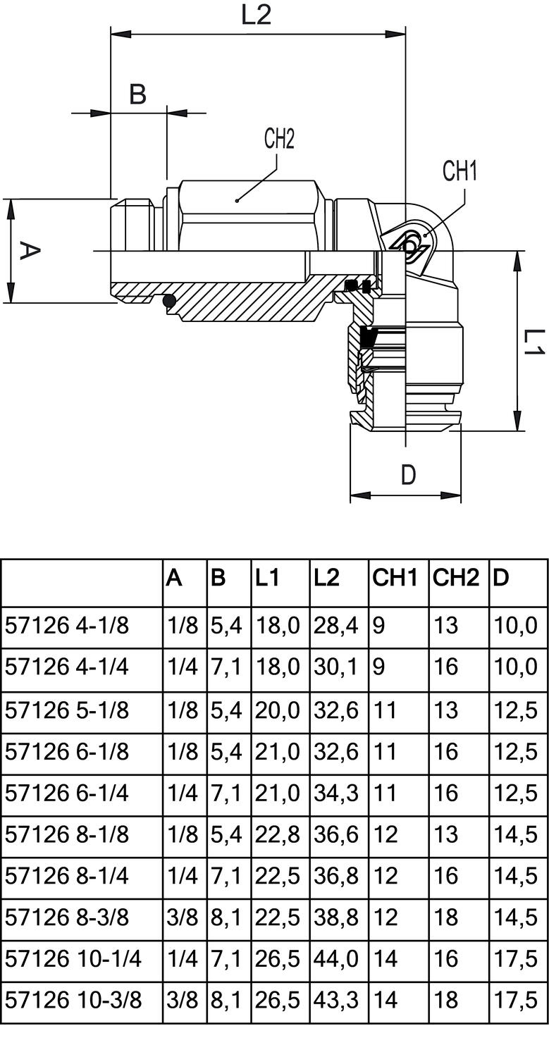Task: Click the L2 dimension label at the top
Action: [257, 15]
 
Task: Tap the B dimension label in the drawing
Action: [137, 94]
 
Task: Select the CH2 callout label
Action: [279, 139]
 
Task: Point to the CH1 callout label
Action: [459, 171]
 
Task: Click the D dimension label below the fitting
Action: [408, 476]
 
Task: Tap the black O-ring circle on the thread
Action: [169, 302]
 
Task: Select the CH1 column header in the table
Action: [395, 579]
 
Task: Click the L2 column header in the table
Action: [326, 579]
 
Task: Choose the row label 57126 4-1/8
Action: [68, 625]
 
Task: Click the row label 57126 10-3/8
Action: [73, 1000]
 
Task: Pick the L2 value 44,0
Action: [335, 958]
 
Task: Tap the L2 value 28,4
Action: [335, 625]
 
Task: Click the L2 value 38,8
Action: [335, 917]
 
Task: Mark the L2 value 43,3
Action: [335, 1000]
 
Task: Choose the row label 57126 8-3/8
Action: [68, 917]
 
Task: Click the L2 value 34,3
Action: [335, 792]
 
